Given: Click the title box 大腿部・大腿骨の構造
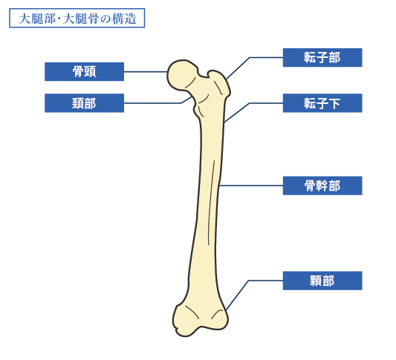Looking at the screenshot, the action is [x=77, y=18].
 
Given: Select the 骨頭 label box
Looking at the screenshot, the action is [x=85, y=72].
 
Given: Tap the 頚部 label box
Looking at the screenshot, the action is [x=85, y=103].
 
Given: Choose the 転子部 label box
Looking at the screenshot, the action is [x=322, y=57].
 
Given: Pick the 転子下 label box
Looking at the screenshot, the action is [x=322, y=103].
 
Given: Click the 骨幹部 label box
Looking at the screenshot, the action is [x=322, y=186].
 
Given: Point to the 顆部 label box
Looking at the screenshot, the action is [x=322, y=281].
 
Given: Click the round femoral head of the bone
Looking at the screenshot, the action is [x=181, y=75].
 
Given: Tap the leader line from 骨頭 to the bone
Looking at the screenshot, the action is [x=146, y=72].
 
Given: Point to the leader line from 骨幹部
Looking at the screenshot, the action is [x=251, y=186].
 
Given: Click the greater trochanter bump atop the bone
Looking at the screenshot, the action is [x=218, y=82].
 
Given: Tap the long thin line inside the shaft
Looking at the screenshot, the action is [x=211, y=203].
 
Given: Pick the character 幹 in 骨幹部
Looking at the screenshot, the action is [x=322, y=186].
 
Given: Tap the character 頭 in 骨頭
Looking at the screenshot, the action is [x=91, y=72].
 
